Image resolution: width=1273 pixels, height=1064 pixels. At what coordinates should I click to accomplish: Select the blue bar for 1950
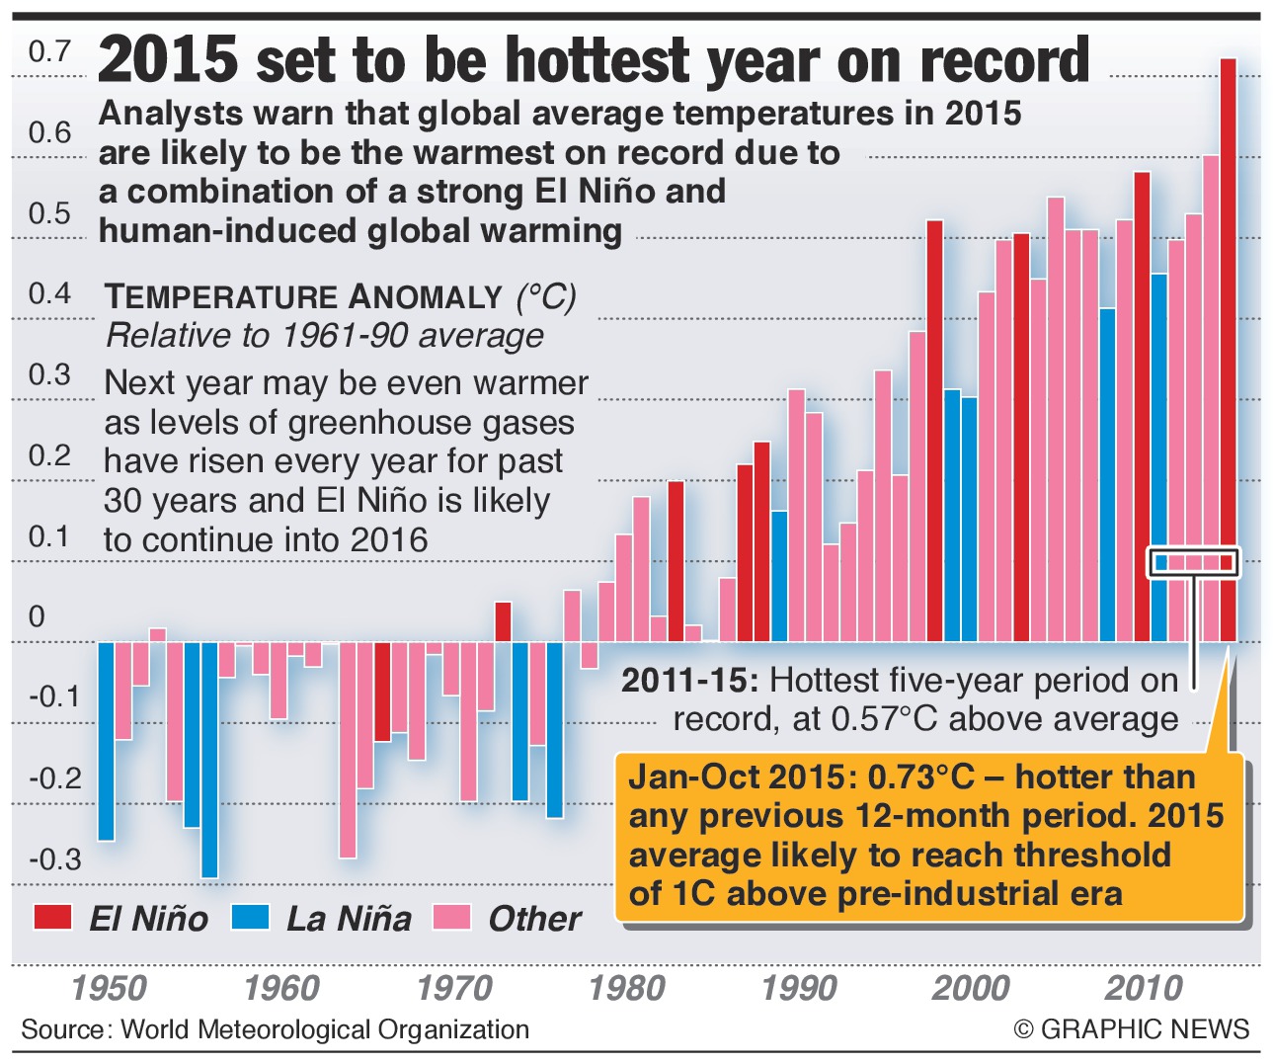click(106, 741)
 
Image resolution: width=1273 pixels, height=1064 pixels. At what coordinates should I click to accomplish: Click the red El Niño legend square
click(52, 917)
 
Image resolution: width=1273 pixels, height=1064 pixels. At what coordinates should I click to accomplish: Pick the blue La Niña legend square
click(250, 917)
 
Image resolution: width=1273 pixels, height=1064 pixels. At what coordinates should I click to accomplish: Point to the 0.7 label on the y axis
click(49, 51)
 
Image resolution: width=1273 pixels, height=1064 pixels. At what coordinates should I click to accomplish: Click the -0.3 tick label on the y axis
click(54, 859)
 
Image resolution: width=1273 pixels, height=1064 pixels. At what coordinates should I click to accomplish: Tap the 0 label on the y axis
click(37, 616)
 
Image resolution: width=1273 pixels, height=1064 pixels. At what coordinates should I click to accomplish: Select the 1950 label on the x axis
click(110, 988)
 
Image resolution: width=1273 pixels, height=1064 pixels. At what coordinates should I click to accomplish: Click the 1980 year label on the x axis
click(627, 988)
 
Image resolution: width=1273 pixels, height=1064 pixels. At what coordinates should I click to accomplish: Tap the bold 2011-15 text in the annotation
click(689, 680)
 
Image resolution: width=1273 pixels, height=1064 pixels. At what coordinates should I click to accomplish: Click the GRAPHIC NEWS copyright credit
click(1132, 1028)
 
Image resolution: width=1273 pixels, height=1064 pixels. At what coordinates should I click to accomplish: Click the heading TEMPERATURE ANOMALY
click(304, 296)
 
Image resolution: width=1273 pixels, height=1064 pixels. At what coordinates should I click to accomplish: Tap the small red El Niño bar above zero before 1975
click(503, 621)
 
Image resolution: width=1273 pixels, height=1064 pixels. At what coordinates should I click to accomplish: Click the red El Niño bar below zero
click(382, 692)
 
